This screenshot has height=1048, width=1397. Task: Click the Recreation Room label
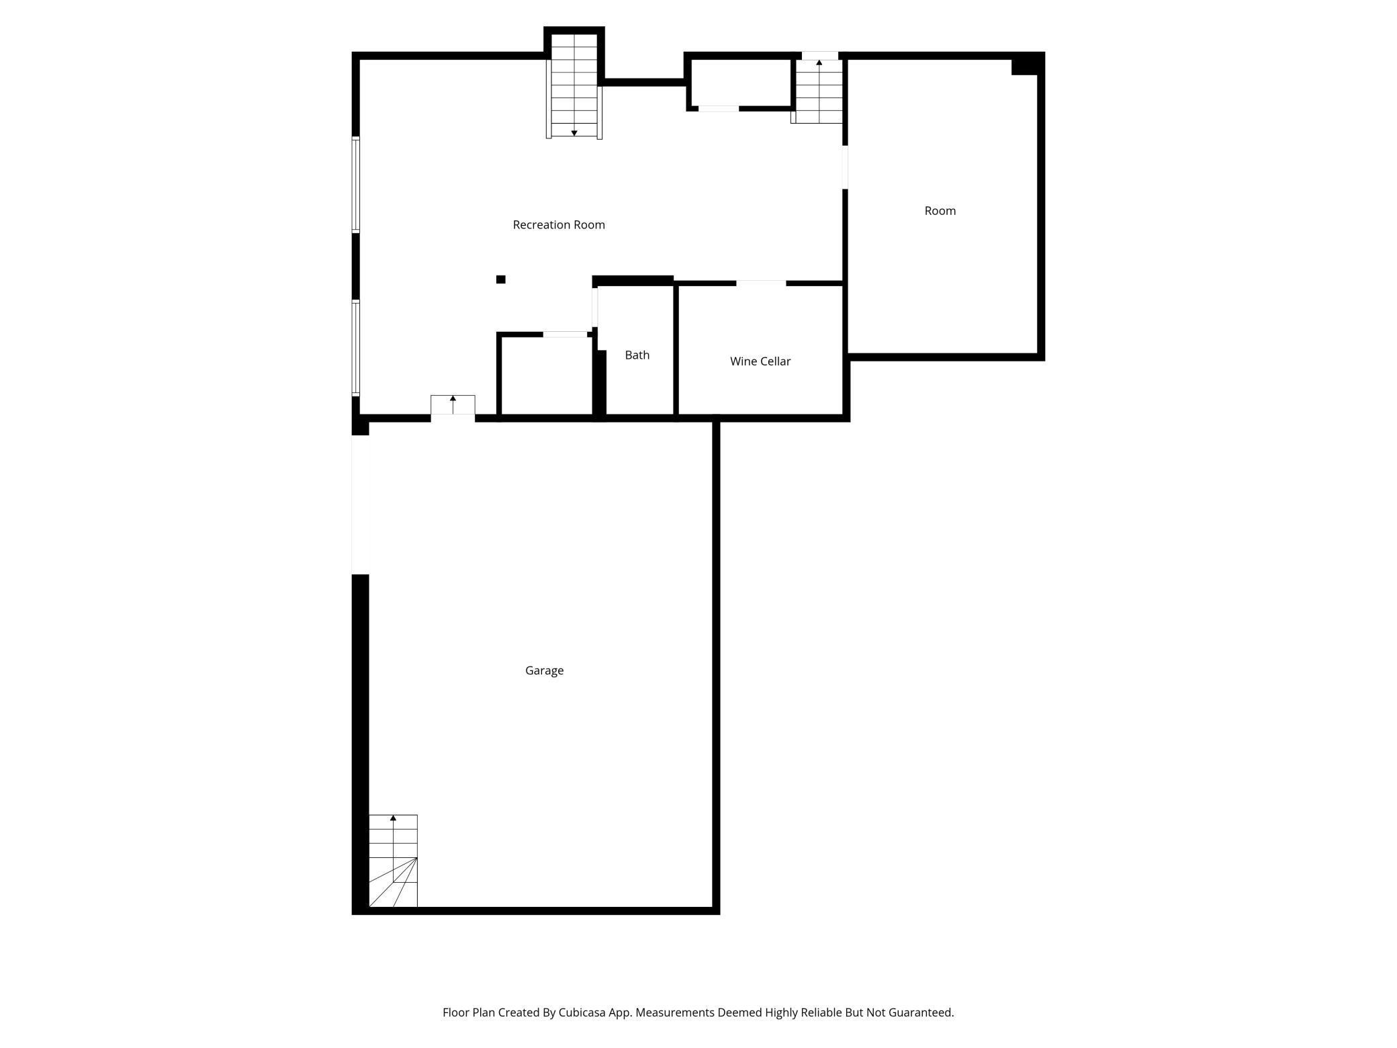(559, 225)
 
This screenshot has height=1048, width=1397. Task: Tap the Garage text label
(544, 670)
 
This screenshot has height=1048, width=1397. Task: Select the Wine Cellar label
(760, 361)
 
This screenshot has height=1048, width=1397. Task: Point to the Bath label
(637, 355)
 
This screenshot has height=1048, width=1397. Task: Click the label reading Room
(940, 211)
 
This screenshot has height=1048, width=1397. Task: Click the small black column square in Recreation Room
(500, 279)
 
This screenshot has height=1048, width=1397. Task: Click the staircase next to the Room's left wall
(819, 91)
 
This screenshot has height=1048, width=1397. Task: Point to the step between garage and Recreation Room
(453, 405)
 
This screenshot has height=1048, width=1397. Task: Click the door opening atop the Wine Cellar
(761, 283)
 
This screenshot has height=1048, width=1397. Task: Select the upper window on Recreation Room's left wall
(356, 185)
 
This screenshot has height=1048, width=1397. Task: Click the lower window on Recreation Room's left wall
(356, 347)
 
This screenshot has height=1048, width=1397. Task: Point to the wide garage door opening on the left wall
(361, 505)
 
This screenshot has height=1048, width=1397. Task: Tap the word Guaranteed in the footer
(920, 1012)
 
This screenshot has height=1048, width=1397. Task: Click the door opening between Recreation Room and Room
(845, 167)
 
